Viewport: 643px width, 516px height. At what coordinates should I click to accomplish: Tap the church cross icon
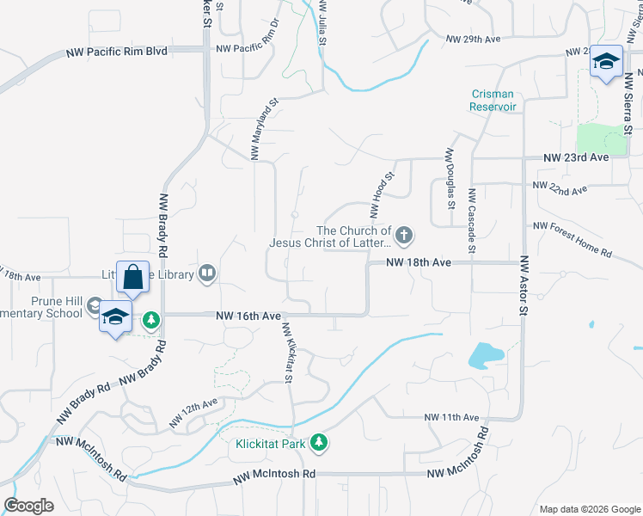coord(404,234)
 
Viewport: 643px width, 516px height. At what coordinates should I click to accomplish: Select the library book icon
coord(206,274)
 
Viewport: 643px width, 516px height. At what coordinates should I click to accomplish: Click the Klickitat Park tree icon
coord(319,442)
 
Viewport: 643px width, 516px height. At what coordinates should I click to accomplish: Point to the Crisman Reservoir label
coord(493,101)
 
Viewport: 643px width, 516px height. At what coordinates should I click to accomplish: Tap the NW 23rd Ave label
coord(576,158)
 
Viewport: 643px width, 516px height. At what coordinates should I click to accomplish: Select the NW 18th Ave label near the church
coord(418,262)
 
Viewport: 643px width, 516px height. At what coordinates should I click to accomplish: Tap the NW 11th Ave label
coord(451,417)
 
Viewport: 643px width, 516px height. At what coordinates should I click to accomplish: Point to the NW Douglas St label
coord(450,178)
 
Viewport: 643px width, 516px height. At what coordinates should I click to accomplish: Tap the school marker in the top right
coord(607,62)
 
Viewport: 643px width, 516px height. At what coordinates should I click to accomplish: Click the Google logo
coord(28,506)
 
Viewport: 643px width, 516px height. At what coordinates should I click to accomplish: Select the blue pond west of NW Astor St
coord(484,353)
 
